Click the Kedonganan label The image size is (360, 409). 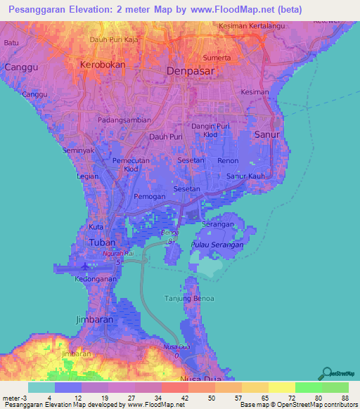coord(96,278)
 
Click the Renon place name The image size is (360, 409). coord(228,161)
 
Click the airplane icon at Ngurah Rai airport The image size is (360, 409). coord(86,266)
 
